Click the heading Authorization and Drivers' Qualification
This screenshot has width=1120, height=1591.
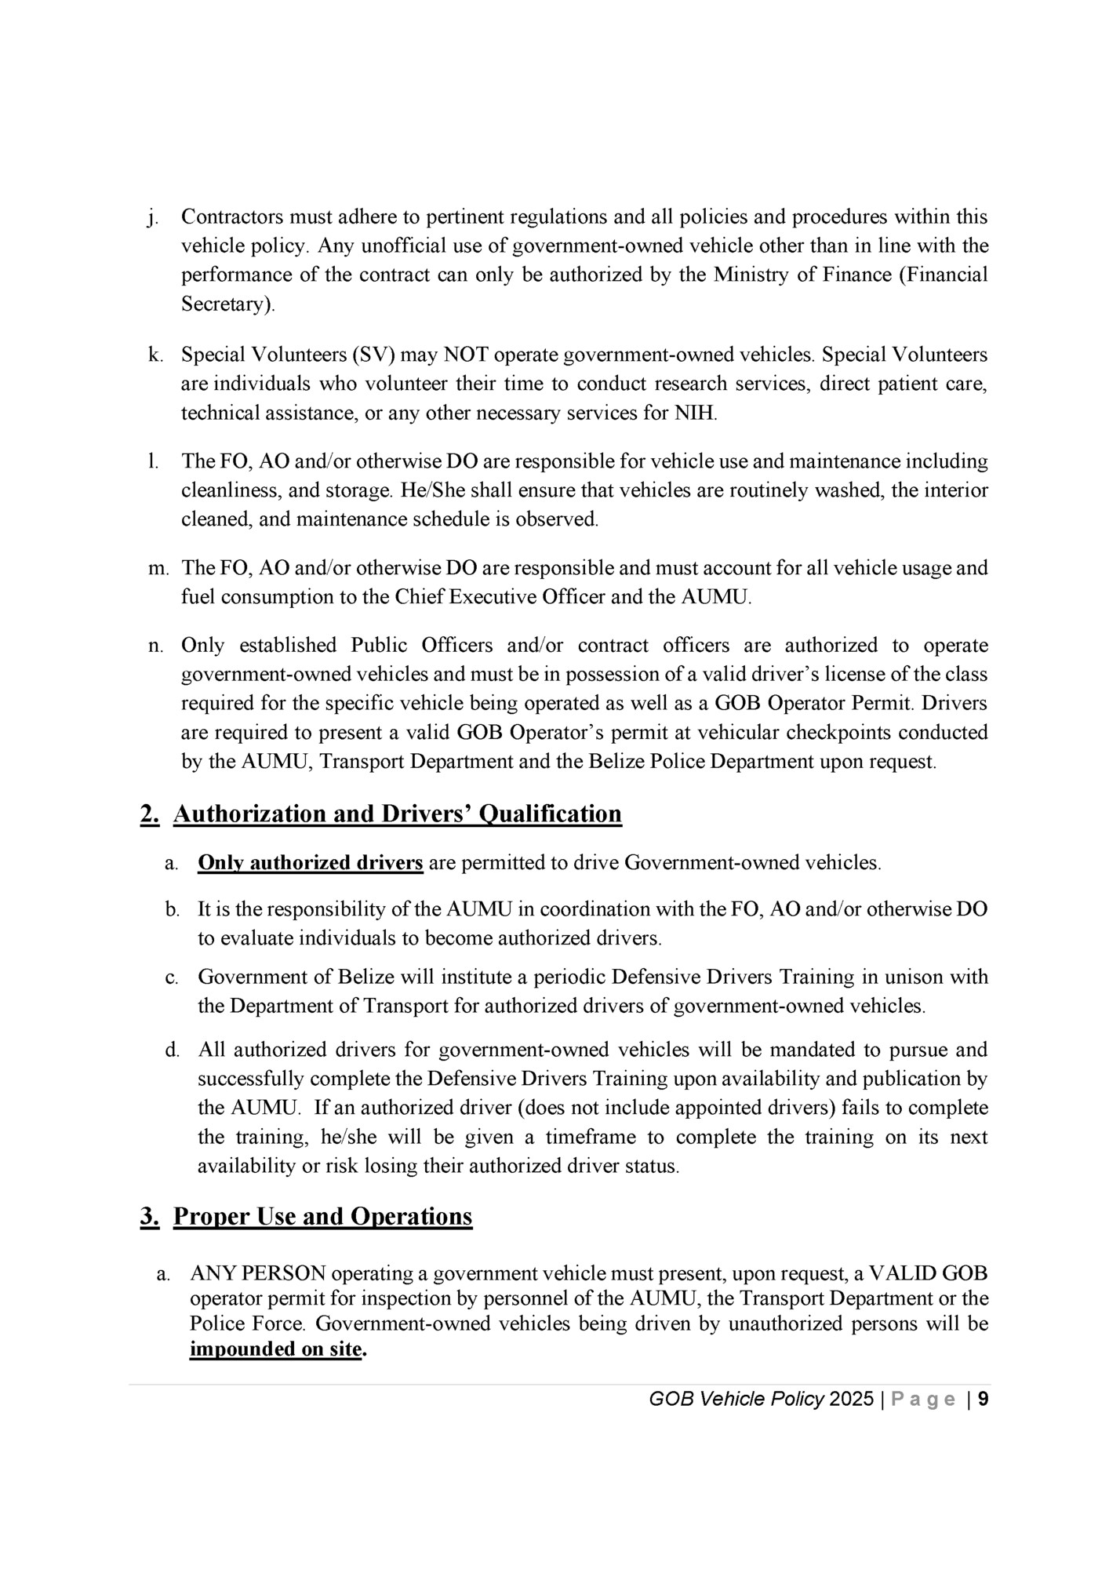click(397, 814)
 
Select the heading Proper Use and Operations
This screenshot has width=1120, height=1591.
click(322, 1216)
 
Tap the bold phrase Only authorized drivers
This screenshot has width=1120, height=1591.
click(311, 863)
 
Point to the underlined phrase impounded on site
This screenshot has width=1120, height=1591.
click(276, 1350)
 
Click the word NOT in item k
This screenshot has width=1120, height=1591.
click(467, 355)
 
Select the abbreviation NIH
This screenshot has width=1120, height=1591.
click(696, 413)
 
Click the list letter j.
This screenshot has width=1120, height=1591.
click(151, 217)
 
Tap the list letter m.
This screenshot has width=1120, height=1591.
click(158, 568)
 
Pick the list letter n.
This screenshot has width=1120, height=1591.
click(155, 646)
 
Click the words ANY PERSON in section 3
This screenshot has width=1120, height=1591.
click(258, 1273)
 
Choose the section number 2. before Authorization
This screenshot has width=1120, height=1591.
click(150, 814)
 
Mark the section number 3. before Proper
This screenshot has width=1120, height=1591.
click(150, 1216)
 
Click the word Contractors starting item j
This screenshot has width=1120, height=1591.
click(232, 217)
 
